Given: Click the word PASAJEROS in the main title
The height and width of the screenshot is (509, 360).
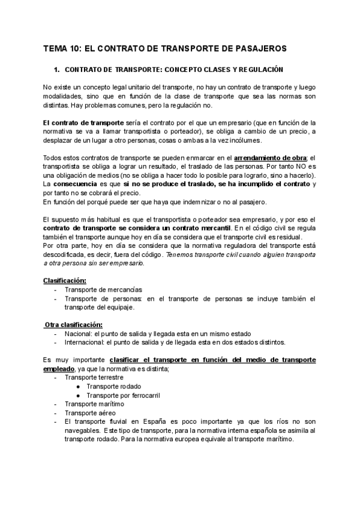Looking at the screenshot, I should [x=263, y=48].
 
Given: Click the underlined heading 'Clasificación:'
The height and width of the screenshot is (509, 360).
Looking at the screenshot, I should [x=64, y=280].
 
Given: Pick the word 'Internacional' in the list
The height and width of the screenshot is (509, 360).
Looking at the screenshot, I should [x=85, y=343].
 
